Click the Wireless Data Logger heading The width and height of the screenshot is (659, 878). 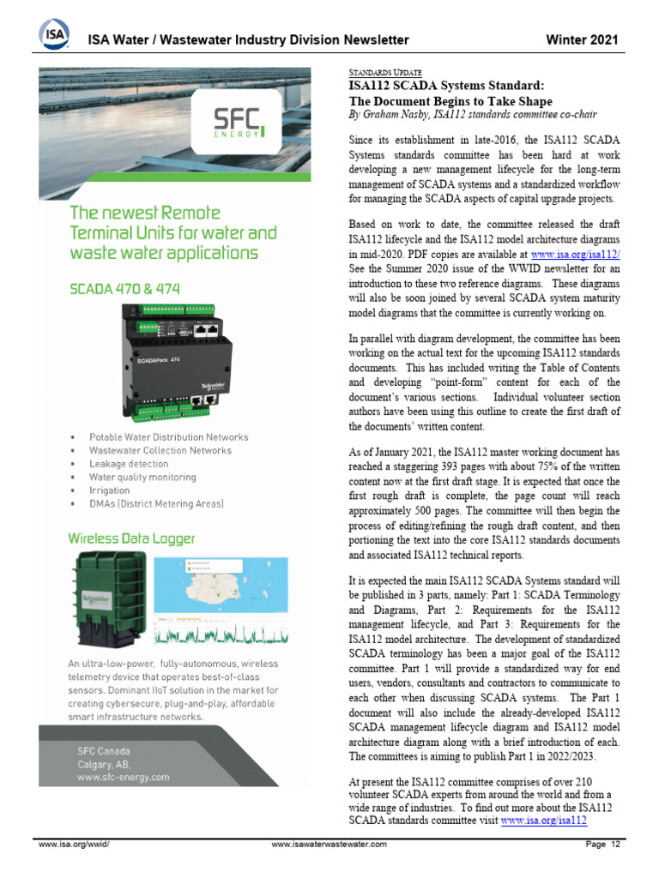131,538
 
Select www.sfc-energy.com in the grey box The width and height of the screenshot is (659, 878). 123,778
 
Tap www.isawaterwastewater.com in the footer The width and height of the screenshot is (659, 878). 329,845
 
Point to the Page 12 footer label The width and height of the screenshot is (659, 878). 602,845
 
